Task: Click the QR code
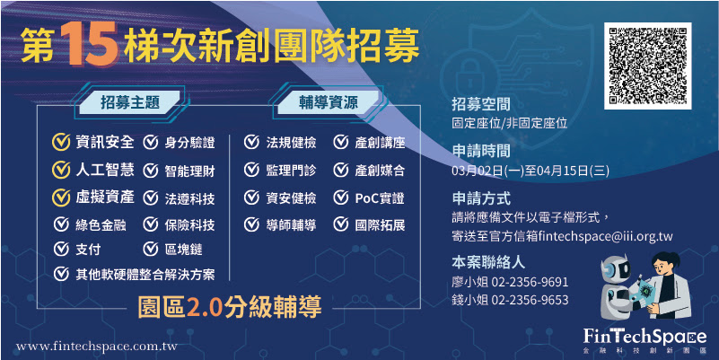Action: pyautogui.click(x=647, y=66)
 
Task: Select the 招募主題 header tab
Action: pyautogui.click(x=130, y=102)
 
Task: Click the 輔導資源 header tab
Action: pyautogui.click(x=329, y=102)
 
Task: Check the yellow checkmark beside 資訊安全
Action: pyautogui.click(x=61, y=142)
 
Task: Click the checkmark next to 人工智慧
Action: pyautogui.click(x=61, y=170)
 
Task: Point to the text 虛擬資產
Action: pyautogui.click(x=105, y=197)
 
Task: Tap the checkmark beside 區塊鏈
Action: pyautogui.click(x=151, y=249)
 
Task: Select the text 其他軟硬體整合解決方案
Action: pyautogui.click(x=145, y=274)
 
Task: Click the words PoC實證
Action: pyautogui.click(x=380, y=198)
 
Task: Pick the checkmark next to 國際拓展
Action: pyautogui.click(x=341, y=224)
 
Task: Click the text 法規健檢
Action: pyautogui.click(x=291, y=142)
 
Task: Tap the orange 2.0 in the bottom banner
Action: pyautogui.click(x=205, y=307)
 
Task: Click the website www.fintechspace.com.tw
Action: pyautogui.click(x=97, y=347)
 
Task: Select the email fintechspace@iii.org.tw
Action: pyautogui.click(x=605, y=236)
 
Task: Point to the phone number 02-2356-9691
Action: pyautogui.click(x=530, y=282)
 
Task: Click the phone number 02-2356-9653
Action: pyautogui.click(x=530, y=300)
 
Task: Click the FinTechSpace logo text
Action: pyautogui.click(x=645, y=336)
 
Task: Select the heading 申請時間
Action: pyautogui.click(x=481, y=151)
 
